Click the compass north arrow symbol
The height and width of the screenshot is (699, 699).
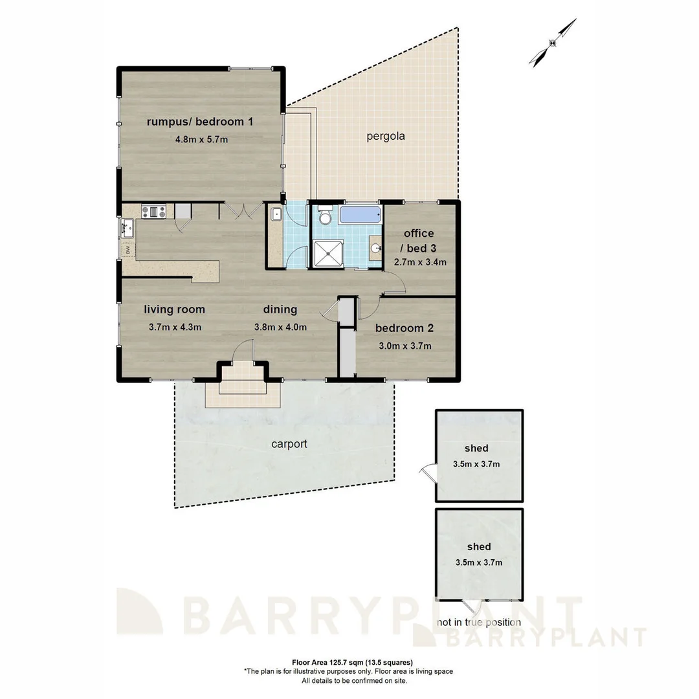click(553, 43)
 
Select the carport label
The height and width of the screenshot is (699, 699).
click(289, 445)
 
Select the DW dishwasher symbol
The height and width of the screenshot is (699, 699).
click(128, 249)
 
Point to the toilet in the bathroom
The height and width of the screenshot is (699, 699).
click(326, 217)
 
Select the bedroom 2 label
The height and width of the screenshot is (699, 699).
click(405, 328)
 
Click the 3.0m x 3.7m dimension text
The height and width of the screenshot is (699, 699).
click(405, 346)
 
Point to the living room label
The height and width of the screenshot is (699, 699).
click(174, 309)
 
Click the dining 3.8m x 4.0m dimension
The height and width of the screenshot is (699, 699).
click(280, 327)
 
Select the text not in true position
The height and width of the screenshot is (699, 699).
click(478, 623)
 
